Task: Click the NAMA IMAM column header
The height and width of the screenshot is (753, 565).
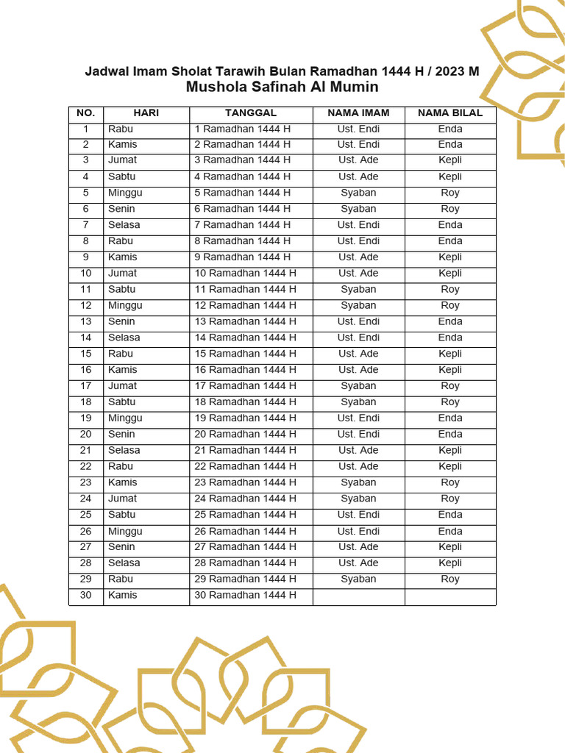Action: pos(358,113)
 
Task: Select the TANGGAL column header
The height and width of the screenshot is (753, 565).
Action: pos(251,113)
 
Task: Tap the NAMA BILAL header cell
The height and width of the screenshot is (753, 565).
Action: pos(450,113)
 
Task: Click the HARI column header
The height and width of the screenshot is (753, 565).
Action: pos(146,113)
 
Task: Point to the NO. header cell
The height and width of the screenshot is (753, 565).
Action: pos(86,113)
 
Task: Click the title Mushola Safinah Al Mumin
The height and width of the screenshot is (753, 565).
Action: pos(282,88)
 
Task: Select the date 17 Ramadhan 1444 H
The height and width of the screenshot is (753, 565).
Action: pos(245,386)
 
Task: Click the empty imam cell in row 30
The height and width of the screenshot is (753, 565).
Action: pos(358,596)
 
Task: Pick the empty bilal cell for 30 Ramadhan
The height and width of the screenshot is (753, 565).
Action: pos(450,596)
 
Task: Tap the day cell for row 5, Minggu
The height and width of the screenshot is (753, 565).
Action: pos(125,193)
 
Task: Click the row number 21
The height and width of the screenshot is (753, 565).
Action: pos(86,450)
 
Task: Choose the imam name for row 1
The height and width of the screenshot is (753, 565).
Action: pos(358,129)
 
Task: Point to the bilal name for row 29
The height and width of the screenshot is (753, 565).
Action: pos(450,579)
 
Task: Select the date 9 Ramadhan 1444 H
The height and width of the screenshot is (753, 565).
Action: pos(242,257)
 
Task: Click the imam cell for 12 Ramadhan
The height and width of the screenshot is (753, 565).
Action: pos(358,305)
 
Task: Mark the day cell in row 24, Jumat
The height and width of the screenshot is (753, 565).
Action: pos(122,499)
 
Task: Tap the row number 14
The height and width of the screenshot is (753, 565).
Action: pos(86,338)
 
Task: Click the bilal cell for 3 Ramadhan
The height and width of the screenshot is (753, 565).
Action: pos(450,160)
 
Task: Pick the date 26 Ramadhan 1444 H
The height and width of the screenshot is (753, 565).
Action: pos(245,531)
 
